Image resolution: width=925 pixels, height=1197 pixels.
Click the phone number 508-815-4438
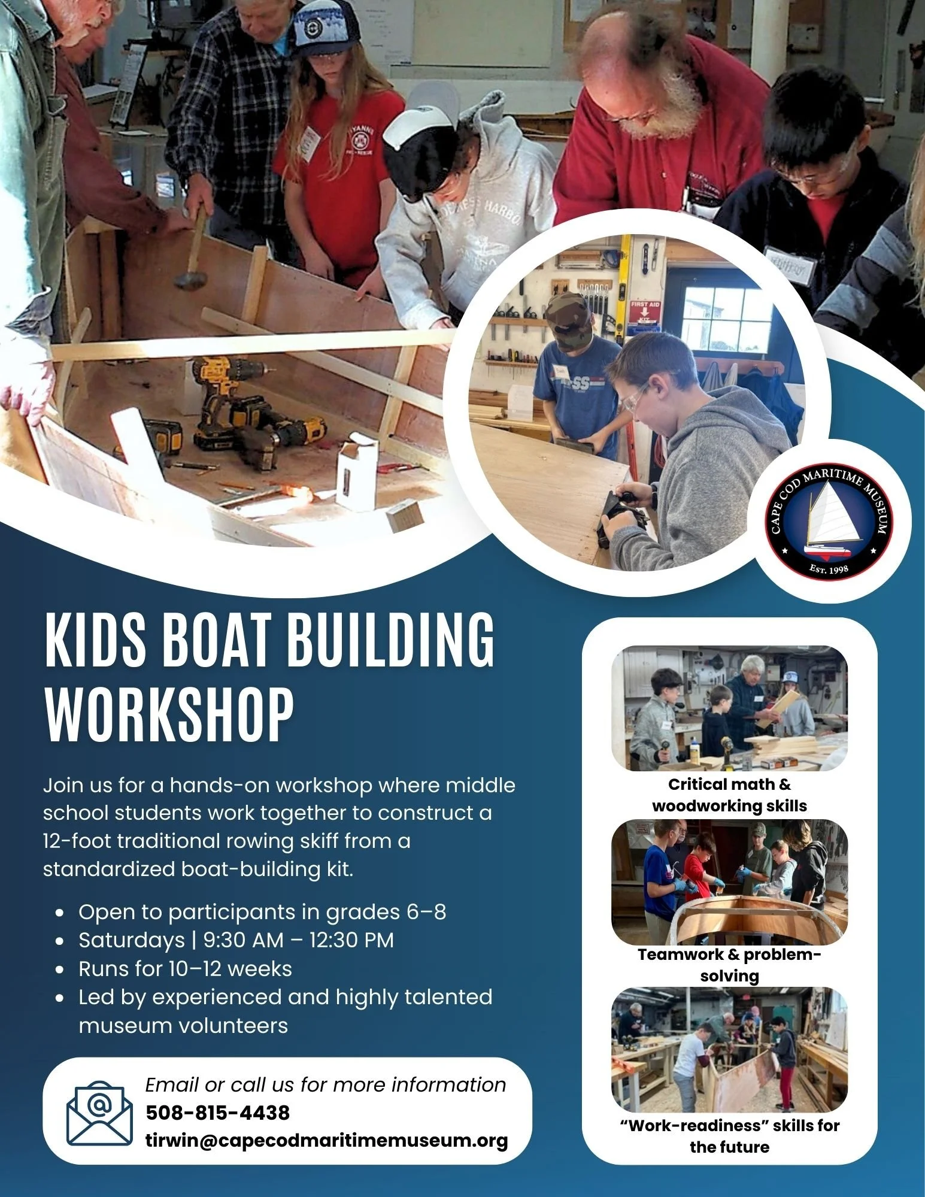click(218, 1113)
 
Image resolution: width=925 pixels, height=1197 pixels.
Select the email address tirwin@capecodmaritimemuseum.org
click(327, 1140)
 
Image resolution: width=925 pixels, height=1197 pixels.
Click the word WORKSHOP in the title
click(169, 714)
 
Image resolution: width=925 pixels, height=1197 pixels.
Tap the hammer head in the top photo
click(190, 279)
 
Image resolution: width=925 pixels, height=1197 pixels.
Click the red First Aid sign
click(645, 311)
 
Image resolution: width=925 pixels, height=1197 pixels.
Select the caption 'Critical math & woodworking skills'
click(729, 795)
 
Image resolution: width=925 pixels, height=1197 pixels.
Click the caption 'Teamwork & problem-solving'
click(729, 965)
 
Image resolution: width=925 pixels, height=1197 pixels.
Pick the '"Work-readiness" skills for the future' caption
click(729, 1136)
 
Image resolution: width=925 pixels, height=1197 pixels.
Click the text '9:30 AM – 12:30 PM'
click(299, 940)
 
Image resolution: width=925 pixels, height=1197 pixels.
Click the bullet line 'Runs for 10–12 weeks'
click(185, 969)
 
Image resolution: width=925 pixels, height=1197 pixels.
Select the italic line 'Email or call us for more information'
click(326, 1084)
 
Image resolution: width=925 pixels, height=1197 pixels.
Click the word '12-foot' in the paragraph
click(77, 841)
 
